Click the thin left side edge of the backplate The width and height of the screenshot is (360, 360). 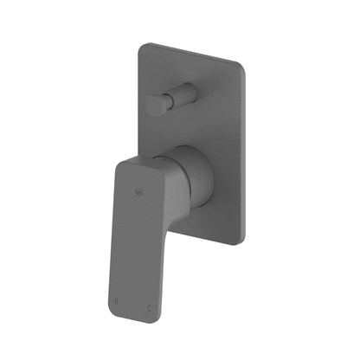click(138, 104)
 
